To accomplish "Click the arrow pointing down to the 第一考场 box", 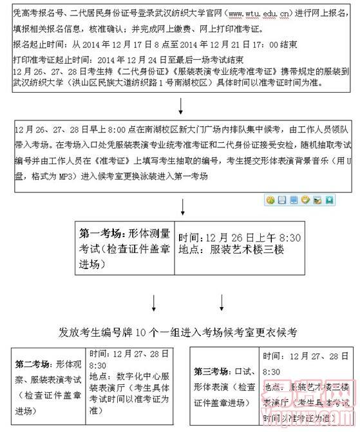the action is click(184, 208).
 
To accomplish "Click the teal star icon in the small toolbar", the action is click(330, 200).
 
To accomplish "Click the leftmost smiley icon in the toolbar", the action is click(270, 200).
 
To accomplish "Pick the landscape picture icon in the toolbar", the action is click(318, 200).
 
